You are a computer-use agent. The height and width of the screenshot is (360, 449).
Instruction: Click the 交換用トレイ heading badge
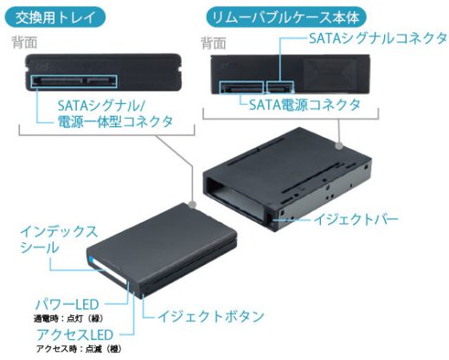[55, 17]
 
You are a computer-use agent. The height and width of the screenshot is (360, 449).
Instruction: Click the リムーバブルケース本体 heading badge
[286, 17]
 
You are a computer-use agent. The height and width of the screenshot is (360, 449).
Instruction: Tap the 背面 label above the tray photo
[24, 42]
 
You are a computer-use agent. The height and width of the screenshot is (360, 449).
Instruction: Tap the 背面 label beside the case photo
[214, 43]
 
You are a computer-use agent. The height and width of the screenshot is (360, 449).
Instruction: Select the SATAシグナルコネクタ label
[378, 38]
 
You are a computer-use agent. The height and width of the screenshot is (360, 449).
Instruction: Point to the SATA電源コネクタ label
[305, 105]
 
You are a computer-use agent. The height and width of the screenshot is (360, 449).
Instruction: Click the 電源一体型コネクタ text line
[115, 121]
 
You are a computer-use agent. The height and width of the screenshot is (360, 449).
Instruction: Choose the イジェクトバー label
[356, 220]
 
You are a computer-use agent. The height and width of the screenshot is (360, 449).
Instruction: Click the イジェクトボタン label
[211, 317]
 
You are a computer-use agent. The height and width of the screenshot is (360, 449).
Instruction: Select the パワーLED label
[67, 305]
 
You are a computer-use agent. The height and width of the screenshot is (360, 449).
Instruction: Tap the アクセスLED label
[74, 335]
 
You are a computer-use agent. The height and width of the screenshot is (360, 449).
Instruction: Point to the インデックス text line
[59, 232]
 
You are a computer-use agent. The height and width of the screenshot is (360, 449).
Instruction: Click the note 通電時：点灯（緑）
[68, 318]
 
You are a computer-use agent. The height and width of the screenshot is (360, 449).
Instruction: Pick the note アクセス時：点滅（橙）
[79, 349]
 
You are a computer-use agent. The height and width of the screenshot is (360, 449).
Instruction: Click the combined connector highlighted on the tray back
[74, 81]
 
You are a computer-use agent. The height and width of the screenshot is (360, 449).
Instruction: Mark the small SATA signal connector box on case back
[280, 87]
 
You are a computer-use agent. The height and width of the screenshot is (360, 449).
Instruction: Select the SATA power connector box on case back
[241, 87]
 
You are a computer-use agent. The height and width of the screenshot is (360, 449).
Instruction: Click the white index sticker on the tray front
[110, 272]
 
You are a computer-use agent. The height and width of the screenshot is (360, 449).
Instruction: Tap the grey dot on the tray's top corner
[192, 205]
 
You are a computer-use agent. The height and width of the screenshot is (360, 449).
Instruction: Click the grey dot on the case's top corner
[339, 145]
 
